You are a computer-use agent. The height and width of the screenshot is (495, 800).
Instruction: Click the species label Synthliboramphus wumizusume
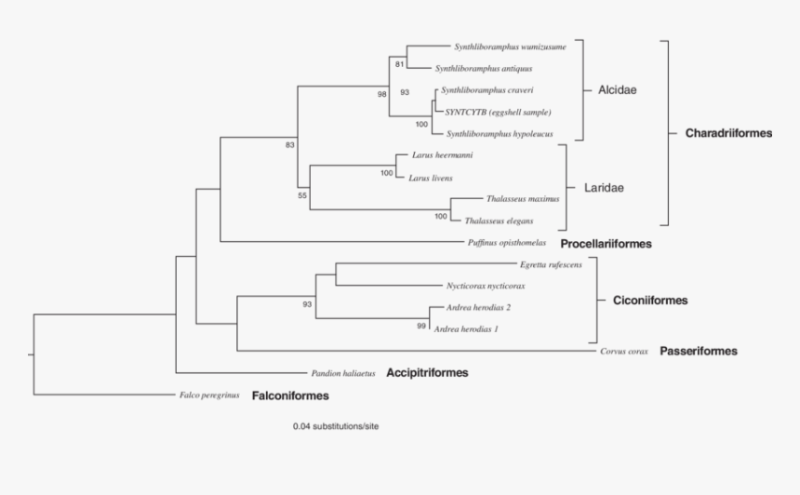(509, 46)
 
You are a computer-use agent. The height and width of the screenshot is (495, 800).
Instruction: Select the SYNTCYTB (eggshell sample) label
(490, 112)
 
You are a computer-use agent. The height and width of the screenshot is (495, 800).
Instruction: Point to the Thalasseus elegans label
(500, 221)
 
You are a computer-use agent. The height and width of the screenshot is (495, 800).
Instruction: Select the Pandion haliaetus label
(343, 373)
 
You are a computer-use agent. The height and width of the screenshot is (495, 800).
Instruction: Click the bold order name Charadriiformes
(728, 134)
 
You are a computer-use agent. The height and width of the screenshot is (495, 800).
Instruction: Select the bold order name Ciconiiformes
(650, 301)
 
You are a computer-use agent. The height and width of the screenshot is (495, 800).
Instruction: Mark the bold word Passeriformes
(698, 352)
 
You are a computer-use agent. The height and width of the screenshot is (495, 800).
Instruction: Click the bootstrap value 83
(290, 145)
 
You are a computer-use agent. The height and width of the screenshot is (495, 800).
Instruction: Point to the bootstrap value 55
(302, 196)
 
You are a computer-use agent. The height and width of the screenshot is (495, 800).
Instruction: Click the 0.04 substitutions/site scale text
(336, 426)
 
